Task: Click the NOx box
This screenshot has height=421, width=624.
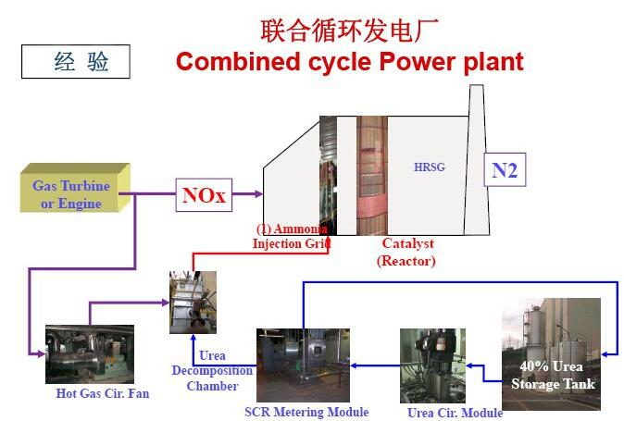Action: [x=204, y=195]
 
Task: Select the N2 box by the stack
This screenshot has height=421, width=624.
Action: [x=505, y=169]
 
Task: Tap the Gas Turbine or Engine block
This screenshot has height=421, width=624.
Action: [x=75, y=188]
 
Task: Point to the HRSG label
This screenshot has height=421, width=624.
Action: [x=430, y=167]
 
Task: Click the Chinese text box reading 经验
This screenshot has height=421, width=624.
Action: [x=76, y=62]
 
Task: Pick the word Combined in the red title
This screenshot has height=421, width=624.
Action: [x=238, y=62]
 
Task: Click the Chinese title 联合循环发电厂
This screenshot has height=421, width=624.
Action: [x=349, y=31]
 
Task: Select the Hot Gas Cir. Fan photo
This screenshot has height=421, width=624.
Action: [x=90, y=354]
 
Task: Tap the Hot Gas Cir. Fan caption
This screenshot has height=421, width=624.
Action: [x=103, y=393]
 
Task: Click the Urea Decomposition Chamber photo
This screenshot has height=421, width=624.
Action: [x=193, y=303]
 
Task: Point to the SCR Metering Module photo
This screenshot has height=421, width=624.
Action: [x=304, y=365]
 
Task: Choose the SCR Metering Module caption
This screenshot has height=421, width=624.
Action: [x=306, y=412]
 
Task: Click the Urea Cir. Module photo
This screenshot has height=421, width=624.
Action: [x=432, y=365]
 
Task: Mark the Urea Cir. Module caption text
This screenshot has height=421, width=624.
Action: [x=455, y=413]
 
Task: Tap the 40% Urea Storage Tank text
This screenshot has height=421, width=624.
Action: [x=553, y=375]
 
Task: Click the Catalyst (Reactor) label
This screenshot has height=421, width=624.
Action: [x=406, y=252]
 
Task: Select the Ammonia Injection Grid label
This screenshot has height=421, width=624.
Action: [x=292, y=236]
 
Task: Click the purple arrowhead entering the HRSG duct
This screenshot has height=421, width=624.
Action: [x=258, y=194]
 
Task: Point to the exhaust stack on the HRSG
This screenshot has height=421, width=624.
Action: [x=477, y=159]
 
